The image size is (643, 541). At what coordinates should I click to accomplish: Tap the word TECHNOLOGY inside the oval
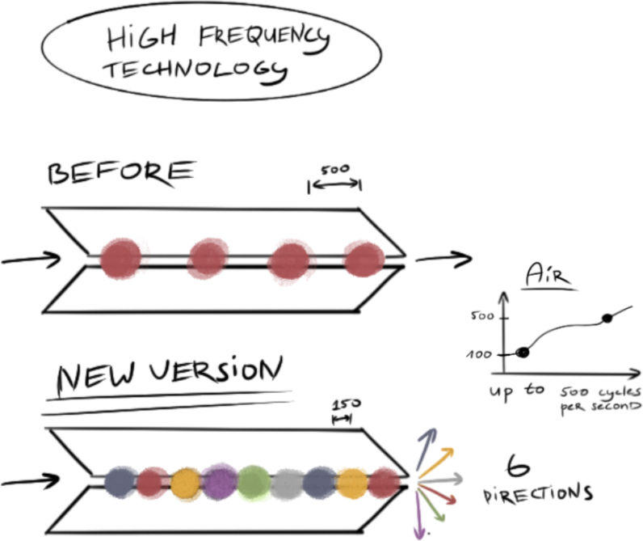point(194,71)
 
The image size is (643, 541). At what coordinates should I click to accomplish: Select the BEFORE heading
point(121,174)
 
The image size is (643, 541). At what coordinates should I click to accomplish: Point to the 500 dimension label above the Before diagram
point(334,171)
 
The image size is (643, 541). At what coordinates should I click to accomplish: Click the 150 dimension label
point(343,404)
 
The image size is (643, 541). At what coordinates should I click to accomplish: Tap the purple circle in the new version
point(219,482)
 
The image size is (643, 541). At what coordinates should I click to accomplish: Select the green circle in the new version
point(254,482)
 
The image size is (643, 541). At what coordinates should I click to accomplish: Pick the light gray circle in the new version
point(288,484)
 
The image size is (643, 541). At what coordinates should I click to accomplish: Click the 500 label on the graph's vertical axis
point(480,316)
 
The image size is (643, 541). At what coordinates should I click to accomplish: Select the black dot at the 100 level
point(523,352)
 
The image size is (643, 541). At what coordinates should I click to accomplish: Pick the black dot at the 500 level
point(607,318)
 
